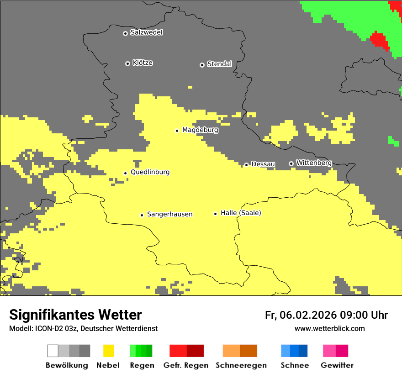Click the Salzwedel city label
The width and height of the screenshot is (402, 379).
[146, 32]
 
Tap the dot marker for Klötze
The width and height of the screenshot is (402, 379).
[127, 63]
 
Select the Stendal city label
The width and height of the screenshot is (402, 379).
[219, 64]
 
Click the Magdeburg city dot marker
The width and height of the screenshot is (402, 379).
[177, 131]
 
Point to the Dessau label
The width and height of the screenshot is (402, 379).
[263, 164]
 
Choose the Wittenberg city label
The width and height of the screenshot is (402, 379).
[314, 163]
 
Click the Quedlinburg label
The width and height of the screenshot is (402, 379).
[150, 172]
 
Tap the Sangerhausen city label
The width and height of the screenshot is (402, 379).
[169, 214]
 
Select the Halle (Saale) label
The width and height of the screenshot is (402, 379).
[241, 213]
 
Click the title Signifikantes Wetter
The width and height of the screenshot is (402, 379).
[75, 315]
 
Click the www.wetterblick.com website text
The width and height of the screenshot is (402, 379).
[329, 328]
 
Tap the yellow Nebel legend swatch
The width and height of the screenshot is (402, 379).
[108, 351]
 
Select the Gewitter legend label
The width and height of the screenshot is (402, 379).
[337, 365]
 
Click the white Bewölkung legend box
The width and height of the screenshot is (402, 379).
[53, 351]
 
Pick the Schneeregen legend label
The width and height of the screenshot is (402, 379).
[241, 365]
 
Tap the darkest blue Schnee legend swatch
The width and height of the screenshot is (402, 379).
[303, 351]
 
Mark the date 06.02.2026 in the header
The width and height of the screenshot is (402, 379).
[308, 315]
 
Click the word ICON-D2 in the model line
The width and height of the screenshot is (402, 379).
[48, 328]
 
